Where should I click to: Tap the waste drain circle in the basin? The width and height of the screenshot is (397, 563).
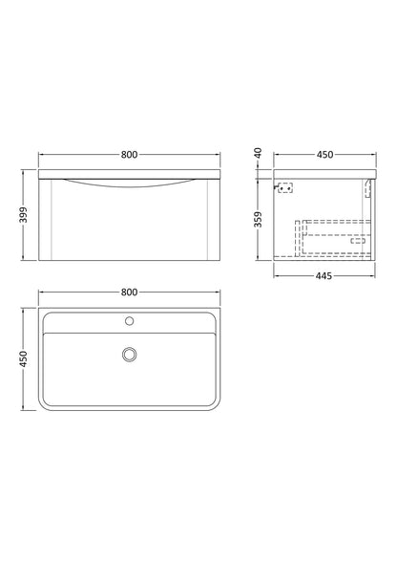point(130,355)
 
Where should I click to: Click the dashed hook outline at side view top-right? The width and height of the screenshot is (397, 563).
point(369,189)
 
